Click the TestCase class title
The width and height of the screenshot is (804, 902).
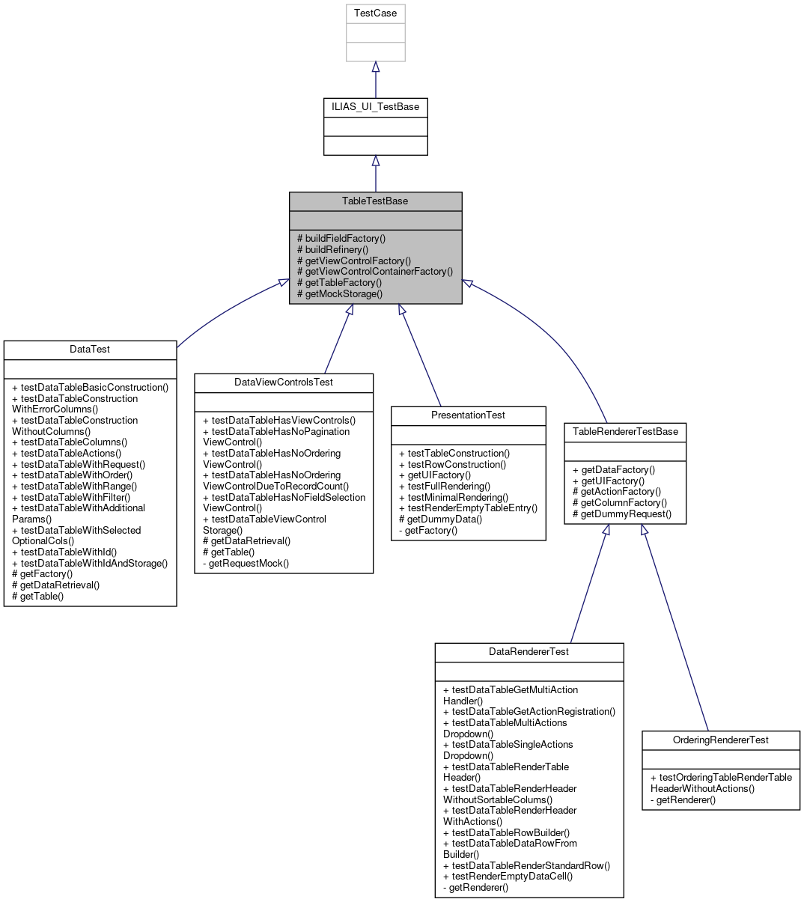[375, 13]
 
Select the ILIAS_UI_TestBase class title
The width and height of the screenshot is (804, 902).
[375, 107]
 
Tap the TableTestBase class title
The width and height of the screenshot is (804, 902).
[375, 201]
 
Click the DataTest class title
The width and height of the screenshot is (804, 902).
[90, 350]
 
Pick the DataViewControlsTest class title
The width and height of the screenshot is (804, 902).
[284, 383]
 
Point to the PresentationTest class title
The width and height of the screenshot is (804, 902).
[468, 415]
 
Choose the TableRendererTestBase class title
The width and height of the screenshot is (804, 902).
[625, 432]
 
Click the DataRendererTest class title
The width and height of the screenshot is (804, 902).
[529, 652]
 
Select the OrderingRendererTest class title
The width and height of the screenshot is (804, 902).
[720, 740]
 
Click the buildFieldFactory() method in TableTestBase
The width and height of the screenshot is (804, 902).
[341, 239]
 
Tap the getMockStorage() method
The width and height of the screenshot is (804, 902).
[340, 293]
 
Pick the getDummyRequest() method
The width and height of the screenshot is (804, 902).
[622, 514]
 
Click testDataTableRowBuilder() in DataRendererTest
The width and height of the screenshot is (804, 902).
[506, 832]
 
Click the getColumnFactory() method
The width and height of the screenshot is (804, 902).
[620, 503]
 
